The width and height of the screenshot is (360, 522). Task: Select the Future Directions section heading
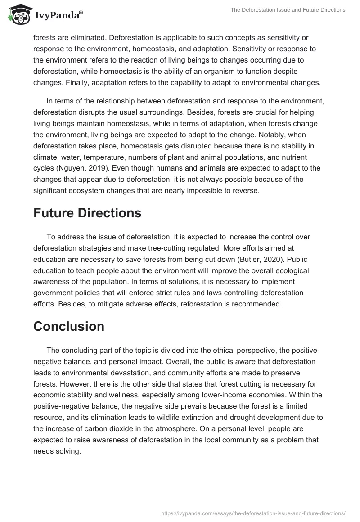tap(87, 212)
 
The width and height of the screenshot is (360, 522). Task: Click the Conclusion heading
tap(69, 326)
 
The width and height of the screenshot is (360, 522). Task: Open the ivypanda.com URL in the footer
tap(253, 513)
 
